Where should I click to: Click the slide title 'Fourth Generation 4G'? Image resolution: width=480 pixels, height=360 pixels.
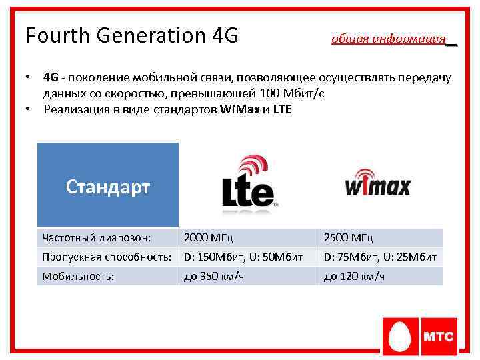pyautogui.click(x=131, y=35)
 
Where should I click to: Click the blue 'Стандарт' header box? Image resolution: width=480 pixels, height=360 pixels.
pyautogui.click(x=108, y=186)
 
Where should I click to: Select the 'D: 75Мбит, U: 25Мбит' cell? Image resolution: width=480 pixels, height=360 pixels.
pyautogui.click(x=380, y=257)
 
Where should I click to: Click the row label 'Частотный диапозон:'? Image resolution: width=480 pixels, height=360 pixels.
pyautogui.click(x=96, y=237)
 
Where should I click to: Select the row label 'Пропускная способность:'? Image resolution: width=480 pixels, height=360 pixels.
pyautogui.click(x=108, y=257)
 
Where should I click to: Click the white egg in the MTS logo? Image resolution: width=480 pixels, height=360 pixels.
pyautogui.click(x=401, y=337)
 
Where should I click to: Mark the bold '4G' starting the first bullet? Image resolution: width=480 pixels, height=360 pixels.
pyautogui.click(x=51, y=78)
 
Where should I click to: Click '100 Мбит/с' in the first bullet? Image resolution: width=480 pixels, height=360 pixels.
pyautogui.click(x=295, y=93)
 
